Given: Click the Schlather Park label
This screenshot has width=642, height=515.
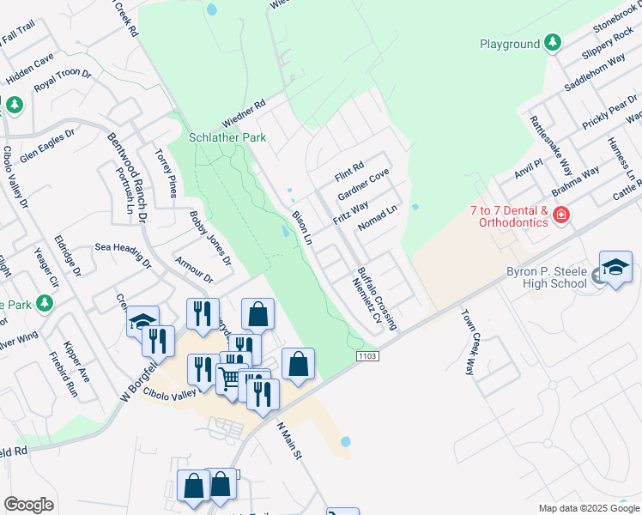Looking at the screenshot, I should tap(227, 137).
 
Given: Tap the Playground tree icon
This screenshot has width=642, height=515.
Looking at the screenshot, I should tap(553, 43).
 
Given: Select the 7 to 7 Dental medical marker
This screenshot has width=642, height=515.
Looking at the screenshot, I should tap(561, 214).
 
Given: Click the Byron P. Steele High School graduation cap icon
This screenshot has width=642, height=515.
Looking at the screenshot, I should tap(615, 269).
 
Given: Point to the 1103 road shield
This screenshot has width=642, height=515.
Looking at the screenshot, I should tap(367, 354).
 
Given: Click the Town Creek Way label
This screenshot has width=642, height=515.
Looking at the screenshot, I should tap(469, 342).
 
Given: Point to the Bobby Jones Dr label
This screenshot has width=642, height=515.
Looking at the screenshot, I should tap(210, 236).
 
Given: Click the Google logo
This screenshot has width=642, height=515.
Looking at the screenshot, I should tap(29, 505).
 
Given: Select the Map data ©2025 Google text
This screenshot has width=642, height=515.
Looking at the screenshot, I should tap(588, 508).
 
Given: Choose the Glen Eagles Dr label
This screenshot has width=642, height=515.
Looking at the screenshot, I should tap(47, 147).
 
